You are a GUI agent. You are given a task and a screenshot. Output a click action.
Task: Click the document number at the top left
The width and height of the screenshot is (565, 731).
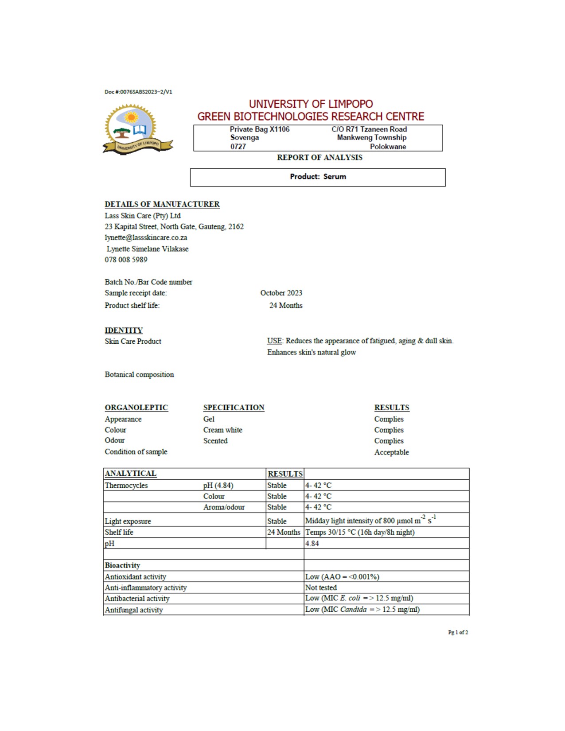click(x=138, y=92)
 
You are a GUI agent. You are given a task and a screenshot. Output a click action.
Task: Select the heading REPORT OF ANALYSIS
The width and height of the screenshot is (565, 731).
click(x=320, y=157)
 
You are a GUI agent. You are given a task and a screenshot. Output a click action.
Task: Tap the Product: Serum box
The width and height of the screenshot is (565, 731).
click(x=318, y=177)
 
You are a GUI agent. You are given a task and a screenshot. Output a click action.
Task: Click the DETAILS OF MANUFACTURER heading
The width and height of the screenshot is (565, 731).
click(x=162, y=204)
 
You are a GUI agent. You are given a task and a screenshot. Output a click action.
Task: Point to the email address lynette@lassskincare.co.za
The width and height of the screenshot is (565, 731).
click(x=146, y=237)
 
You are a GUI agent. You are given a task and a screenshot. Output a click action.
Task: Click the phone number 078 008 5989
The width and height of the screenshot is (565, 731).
click(x=126, y=260)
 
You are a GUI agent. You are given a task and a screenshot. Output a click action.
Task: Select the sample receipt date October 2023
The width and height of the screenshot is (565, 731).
click(x=281, y=293)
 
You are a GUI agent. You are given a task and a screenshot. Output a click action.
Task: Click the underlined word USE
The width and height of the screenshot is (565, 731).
click(x=274, y=341)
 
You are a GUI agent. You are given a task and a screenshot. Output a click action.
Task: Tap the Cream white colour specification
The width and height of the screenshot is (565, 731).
click(x=222, y=430)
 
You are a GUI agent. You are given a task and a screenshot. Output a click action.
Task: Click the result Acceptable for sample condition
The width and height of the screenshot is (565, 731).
click(x=391, y=452)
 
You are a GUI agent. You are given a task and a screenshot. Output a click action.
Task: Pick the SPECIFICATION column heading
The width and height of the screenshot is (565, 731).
click(x=234, y=408)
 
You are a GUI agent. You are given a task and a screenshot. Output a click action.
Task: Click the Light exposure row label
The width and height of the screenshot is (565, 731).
click(x=128, y=521)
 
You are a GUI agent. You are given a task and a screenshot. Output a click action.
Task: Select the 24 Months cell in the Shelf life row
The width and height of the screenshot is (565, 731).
click(x=284, y=532)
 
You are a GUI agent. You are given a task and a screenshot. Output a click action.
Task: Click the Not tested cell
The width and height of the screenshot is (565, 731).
click(x=321, y=587)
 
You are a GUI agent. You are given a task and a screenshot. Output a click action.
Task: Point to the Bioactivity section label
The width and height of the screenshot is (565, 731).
click(x=122, y=565)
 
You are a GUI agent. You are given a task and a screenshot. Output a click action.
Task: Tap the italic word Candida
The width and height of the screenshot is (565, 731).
click(x=353, y=609)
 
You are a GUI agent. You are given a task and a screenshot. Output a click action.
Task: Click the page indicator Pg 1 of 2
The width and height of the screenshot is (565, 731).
click(x=458, y=632)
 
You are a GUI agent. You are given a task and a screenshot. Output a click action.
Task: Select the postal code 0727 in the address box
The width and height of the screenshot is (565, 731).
click(x=238, y=147)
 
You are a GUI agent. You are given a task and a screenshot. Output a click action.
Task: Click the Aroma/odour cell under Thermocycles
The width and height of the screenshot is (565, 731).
click(x=224, y=507)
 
